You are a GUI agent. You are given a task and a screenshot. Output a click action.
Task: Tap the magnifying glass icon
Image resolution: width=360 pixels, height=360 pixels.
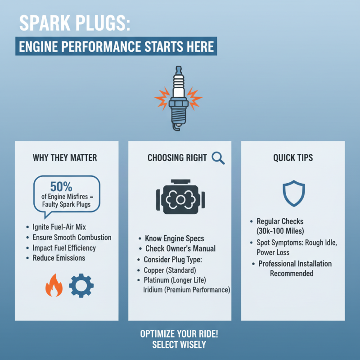tap(218, 157)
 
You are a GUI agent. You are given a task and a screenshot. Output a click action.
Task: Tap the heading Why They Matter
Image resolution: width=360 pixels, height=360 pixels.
tap(65, 158)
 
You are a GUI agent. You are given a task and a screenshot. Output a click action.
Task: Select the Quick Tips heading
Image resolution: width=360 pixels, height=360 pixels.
tap(293, 158)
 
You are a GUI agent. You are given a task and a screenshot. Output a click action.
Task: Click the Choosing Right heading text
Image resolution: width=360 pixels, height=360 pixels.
tap(177, 158)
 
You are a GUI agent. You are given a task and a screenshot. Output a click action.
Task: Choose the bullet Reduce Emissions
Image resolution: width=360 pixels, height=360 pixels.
tap(59, 258)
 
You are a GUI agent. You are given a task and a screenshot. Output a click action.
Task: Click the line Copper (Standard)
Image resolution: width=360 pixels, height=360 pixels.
tap(170, 270)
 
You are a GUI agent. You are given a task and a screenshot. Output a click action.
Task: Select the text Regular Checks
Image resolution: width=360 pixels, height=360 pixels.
tap(280, 221)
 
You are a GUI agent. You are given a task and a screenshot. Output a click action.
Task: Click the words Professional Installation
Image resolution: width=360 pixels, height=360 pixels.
tap(295, 264)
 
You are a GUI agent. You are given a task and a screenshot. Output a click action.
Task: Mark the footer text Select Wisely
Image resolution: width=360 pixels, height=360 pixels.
tap(179, 345)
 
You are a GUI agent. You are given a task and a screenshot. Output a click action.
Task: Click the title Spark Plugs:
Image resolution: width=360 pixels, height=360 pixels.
tap(74, 25)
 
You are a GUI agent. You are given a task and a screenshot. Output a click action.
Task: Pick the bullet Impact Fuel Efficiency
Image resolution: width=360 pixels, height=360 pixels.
tap(64, 248)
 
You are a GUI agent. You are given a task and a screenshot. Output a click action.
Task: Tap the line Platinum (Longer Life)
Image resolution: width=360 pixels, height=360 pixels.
tap(178, 281)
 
